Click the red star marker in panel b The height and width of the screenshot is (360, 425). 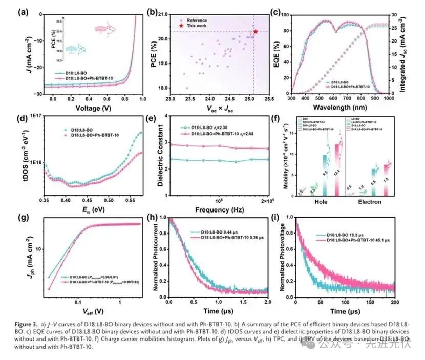256,32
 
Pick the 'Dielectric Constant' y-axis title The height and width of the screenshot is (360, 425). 160,156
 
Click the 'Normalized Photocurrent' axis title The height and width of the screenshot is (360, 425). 160,257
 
